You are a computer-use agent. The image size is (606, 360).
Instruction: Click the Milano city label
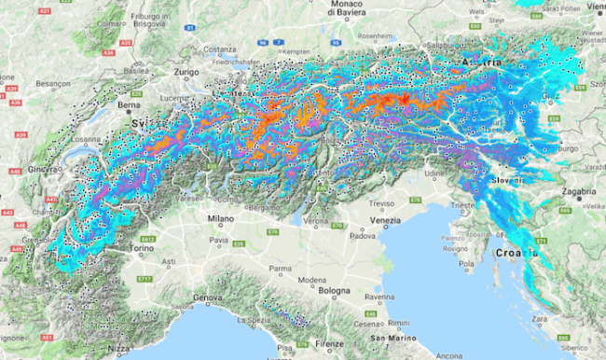coord(220,218)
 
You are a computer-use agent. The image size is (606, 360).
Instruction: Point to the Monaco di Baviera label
coord(357,9)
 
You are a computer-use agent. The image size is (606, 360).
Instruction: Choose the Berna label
coord(127,106)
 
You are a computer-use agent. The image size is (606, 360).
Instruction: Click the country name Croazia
coord(517,252)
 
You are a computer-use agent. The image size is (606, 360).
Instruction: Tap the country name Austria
coord(480,62)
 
